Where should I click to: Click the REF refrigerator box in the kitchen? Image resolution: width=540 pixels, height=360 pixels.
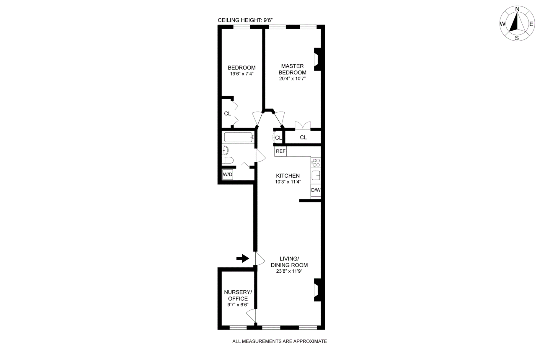[280, 151]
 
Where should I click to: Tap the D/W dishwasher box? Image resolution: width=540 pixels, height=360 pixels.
[316, 190]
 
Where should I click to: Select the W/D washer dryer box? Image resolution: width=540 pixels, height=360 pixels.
[227, 174]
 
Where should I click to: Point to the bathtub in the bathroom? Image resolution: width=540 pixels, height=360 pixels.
[238, 138]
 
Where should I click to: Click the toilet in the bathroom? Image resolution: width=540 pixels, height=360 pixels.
[227, 160]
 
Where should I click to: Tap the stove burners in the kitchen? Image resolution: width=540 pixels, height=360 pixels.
[316, 163]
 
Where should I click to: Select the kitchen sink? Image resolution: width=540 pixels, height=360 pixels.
[316, 175]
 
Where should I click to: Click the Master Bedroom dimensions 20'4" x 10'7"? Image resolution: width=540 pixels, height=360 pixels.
[292, 79]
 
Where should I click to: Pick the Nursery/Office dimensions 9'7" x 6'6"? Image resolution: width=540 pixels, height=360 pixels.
[238, 305]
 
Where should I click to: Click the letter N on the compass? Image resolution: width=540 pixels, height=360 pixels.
[517, 9]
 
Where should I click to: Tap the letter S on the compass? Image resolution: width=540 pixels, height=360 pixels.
[517, 38]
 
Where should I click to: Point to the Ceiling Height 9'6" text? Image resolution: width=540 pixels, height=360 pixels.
[245, 20]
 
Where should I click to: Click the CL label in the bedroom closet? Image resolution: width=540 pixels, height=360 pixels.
[227, 114]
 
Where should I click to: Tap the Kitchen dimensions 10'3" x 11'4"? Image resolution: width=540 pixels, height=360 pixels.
[288, 182]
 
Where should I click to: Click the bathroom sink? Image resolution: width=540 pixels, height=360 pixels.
[225, 150]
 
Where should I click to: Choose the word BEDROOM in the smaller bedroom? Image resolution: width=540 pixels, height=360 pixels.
[242, 68]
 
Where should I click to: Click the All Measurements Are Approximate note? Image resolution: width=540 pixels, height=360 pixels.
[279, 341]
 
